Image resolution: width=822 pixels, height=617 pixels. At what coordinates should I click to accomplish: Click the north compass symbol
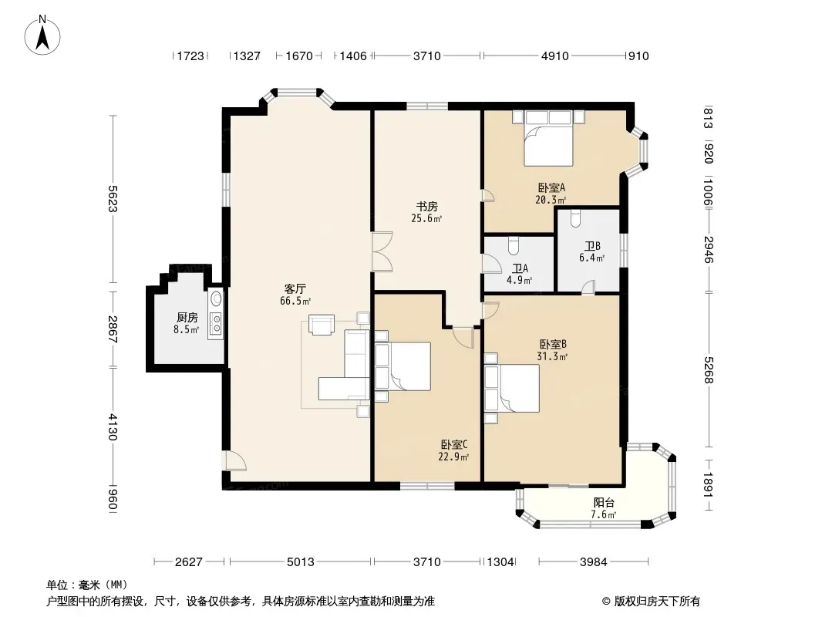pos(42,35)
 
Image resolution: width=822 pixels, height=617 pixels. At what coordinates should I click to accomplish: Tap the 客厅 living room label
pos(295,289)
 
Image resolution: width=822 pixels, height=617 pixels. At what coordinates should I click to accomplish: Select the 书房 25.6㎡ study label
pos(426,212)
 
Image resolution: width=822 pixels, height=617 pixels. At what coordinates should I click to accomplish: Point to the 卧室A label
pos(551,187)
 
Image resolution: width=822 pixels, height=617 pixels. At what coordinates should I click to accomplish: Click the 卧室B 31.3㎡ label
pos(553,350)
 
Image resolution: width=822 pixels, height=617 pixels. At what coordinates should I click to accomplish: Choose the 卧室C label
pos(454,444)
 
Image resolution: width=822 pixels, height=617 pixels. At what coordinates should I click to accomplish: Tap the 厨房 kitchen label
pos(187,317)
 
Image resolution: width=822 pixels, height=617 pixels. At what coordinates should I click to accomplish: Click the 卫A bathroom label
pos(520,268)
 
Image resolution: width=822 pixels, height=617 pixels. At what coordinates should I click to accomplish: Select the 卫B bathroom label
pos(592,246)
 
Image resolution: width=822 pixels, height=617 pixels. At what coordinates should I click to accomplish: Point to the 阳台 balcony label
pos(604,502)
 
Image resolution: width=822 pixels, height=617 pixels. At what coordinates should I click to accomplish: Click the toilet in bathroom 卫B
pos(575,218)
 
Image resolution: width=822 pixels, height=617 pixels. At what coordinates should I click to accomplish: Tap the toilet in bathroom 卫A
pos(514,245)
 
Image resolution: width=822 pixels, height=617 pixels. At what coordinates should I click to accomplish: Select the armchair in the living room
pos(322,324)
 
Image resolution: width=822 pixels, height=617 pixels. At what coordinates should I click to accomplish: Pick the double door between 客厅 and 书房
pos(382,251)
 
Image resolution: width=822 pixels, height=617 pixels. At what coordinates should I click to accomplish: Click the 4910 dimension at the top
pos(554,56)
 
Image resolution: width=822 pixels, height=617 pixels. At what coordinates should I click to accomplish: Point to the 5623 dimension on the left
pos(112,199)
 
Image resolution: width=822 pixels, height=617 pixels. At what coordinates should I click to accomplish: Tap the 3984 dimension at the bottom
pos(594,562)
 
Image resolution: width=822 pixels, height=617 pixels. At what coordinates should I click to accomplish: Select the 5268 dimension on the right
pos(708,370)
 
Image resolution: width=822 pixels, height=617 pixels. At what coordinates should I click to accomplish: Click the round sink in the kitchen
pos(216,298)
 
